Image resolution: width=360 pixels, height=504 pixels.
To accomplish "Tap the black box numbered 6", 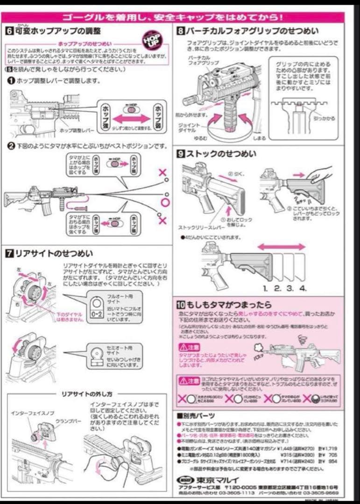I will click(9, 31).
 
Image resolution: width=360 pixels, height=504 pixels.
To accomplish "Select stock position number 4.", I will click(303, 288).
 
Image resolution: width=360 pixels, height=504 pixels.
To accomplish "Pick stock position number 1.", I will click(265, 288).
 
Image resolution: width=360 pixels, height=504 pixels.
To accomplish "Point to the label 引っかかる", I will click(325, 119).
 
